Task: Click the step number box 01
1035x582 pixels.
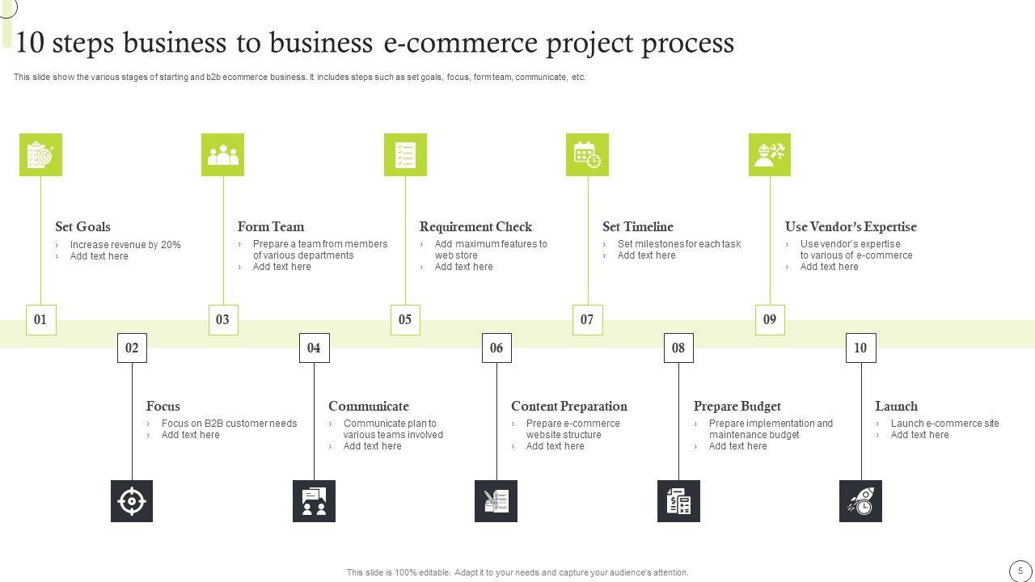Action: (x=40, y=319)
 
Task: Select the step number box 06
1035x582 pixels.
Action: (x=496, y=348)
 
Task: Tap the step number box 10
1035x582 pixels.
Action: (x=860, y=348)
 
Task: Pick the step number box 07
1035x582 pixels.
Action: (x=587, y=319)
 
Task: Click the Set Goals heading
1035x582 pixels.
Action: (x=82, y=227)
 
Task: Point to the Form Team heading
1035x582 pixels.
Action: (x=271, y=227)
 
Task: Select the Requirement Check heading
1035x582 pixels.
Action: (x=475, y=227)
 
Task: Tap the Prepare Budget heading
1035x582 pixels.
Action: (x=737, y=407)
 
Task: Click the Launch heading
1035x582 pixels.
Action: (x=896, y=407)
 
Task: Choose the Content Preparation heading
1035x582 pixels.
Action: (x=568, y=407)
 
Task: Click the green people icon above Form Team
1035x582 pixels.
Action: (x=223, y=154)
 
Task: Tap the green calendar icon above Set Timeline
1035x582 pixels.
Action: (x=587, y=154)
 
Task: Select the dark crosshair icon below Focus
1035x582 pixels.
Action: (x=132, y=501)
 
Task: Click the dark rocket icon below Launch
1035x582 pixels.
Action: (x=860, y=501)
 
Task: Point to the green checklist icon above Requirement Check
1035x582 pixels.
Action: (x=405, y=154)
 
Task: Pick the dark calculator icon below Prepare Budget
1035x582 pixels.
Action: (x=678, y=501)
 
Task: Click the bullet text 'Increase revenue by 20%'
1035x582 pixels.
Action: (x=125, y=245)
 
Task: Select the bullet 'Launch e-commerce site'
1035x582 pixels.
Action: (x=944, y=424)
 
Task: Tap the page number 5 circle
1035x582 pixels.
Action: (x=1020, y=570)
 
